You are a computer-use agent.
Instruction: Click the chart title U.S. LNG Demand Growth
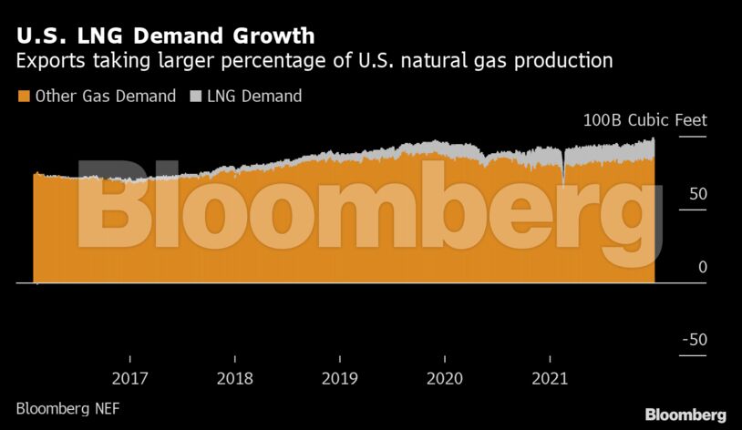coord(165,36)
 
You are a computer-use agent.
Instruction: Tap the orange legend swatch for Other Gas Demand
coord(23,96)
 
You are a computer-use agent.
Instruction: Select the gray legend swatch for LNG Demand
coord(195,96)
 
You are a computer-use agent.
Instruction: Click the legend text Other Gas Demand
coord(105,96)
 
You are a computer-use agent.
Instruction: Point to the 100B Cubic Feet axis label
coord(645,121)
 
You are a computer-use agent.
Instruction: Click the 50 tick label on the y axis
coord(697,194)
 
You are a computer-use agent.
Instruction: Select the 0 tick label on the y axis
coord(702,267)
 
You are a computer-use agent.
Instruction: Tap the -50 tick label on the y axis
coord(695,340)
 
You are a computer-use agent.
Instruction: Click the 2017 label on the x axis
coord(130,378)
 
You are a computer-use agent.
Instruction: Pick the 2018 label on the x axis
coord(235,378)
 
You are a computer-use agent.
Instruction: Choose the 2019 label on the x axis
coord(340,378)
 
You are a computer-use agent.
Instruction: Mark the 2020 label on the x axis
coord(445,378)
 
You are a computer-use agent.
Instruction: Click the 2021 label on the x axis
coord(550,378)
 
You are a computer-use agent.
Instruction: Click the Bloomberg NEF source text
coord(67,408)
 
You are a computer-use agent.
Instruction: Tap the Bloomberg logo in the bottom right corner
coord(685,415)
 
